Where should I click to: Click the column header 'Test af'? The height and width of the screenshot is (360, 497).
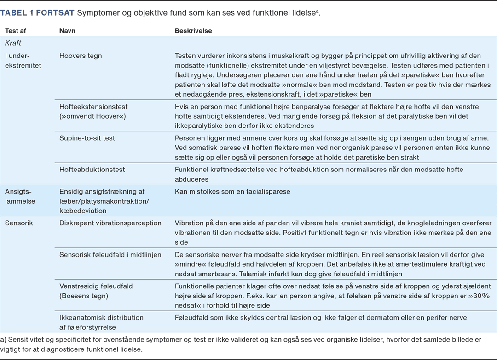pyautogui.click(x=16, y=31)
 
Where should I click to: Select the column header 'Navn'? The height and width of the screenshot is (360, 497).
pyautogui.click(x=68, y=31)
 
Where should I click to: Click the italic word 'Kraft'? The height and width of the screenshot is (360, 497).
pyautogui.click(x=13, y=43)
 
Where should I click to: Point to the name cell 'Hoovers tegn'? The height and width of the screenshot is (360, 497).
pyautogui.click(x=81, y=56)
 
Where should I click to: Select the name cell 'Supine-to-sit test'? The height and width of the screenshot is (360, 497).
pyautogui.click(x=87, y=138)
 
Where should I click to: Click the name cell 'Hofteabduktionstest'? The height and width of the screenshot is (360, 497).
pyautogui.click(x=92, y=170)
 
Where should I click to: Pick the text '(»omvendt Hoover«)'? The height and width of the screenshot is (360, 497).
pyautogui.click(x=92, y=116)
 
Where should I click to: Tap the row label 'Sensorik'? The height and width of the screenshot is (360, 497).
pyautogui.click(x=19, y=223)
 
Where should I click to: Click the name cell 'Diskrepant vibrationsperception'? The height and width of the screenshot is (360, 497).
pyautogui.click(x=110, y=223)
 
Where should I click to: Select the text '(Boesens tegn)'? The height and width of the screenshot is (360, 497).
pyautogui.click(x=83, y=296)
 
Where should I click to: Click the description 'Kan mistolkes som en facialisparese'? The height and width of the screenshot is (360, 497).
pyautogui.click(x=232, y=191)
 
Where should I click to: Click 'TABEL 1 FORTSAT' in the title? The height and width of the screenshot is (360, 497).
pyautogui.click(x=37, y=12)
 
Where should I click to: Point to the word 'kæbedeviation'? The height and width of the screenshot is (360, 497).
pyautogui.click(x=83, y=211)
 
